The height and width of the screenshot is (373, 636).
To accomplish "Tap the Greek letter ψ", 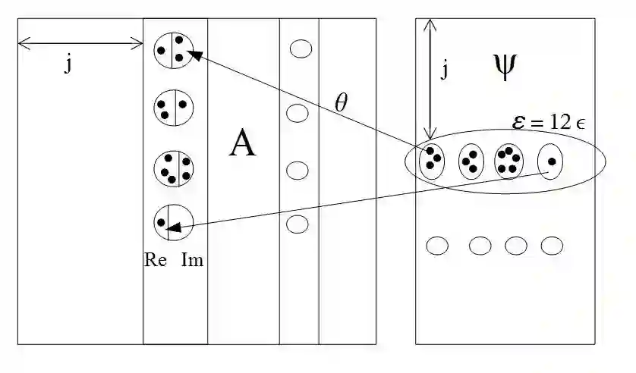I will [502, 67].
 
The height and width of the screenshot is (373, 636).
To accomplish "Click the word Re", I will [155, 259].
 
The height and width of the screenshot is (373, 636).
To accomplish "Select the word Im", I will [192, 259].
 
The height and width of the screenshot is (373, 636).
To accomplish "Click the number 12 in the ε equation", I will [562, 121].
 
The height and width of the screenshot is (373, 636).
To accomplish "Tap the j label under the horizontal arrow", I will [68, 64].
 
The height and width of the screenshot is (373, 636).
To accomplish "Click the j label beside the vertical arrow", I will [444, 70].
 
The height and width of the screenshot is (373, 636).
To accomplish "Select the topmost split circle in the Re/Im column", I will [172, 51].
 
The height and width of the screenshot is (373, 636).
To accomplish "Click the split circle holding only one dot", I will [173, 223].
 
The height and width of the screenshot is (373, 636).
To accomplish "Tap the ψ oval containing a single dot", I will [550, 161].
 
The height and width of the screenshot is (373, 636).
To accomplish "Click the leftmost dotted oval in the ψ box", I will [432, 161].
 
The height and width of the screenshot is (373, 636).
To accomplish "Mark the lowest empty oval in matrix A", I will [297, 224].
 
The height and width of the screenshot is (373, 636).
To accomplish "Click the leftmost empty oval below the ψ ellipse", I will [437, 246].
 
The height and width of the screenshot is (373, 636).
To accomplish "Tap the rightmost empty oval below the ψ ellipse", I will [551, 246].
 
